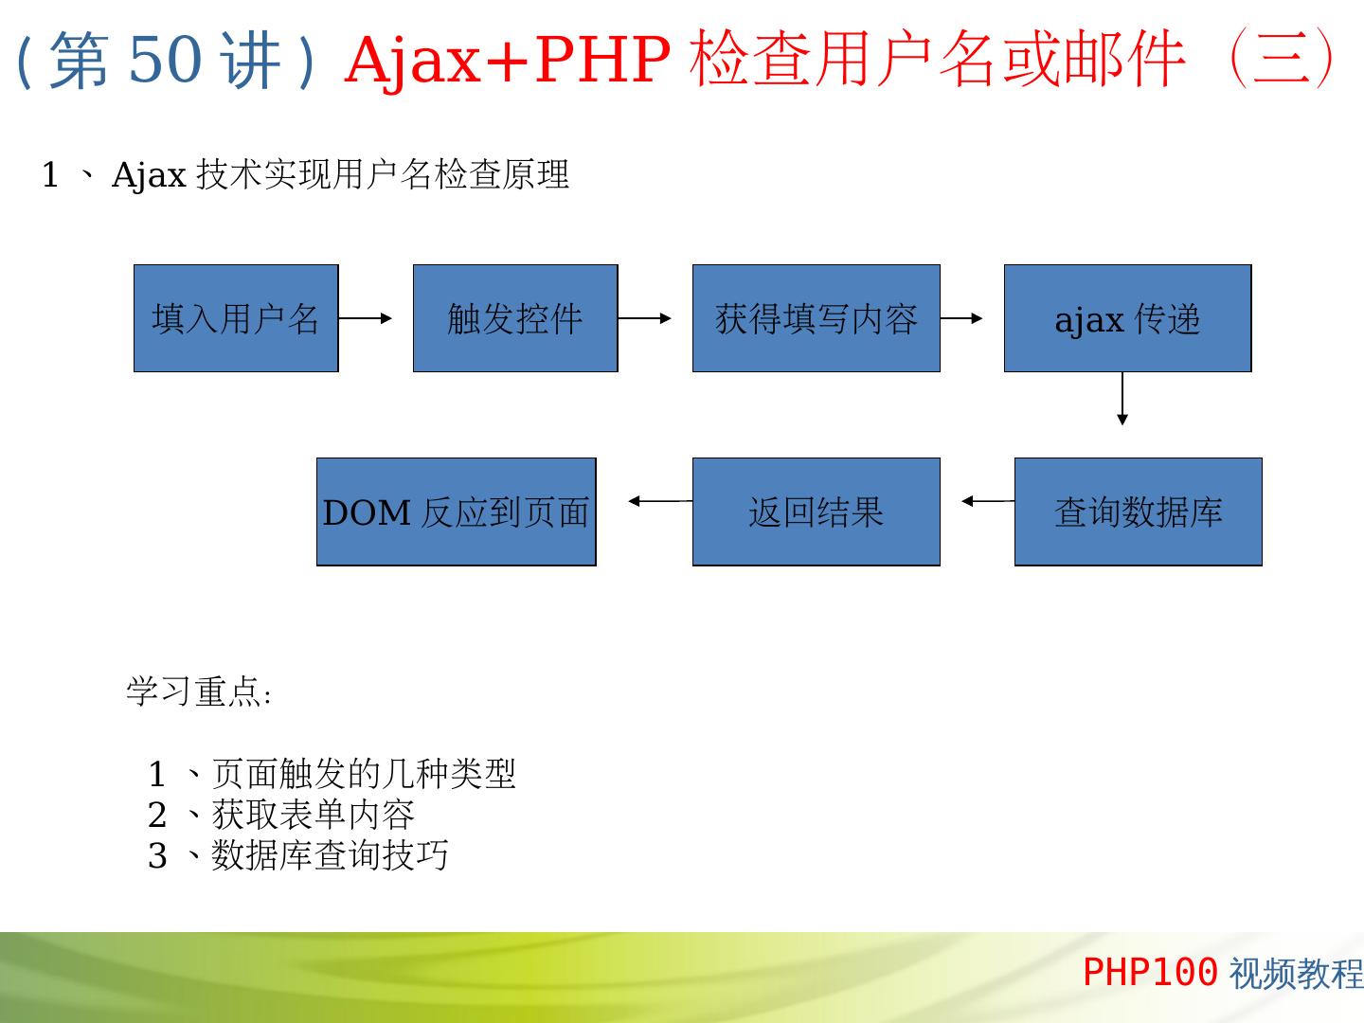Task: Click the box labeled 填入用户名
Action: click(x=236, y=318)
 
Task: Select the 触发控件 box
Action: click(x=515, y=318)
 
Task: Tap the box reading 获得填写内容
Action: click(x=816, y=318)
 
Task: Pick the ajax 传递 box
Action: click(x=1127, y=318)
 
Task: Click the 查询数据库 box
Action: click(x=1138, y=511)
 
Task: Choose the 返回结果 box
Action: click(x=816, y=511)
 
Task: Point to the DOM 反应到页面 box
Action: click(x=456, y=511)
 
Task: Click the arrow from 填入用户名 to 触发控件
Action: click(x=366, y=318)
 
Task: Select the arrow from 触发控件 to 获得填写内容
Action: click(x=645, y=318)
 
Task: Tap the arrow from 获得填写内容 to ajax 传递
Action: click(x=961, y=318)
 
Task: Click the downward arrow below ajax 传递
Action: click(x=1122, y=399)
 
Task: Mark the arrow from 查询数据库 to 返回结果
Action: click(x=988, y=501)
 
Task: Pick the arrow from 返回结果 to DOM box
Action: click(x=660, y=501)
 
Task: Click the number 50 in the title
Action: click(x=164, y=59)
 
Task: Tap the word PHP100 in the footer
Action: click(x=1149, y=972)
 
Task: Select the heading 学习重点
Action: click(x=199, y=691)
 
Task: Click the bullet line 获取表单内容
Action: click(x=313, y=815)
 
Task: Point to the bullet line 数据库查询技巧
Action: click(x=329, y=855)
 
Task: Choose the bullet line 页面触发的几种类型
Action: click(x=363, y=774)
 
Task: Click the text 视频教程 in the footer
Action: click(x=1296, y=973)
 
